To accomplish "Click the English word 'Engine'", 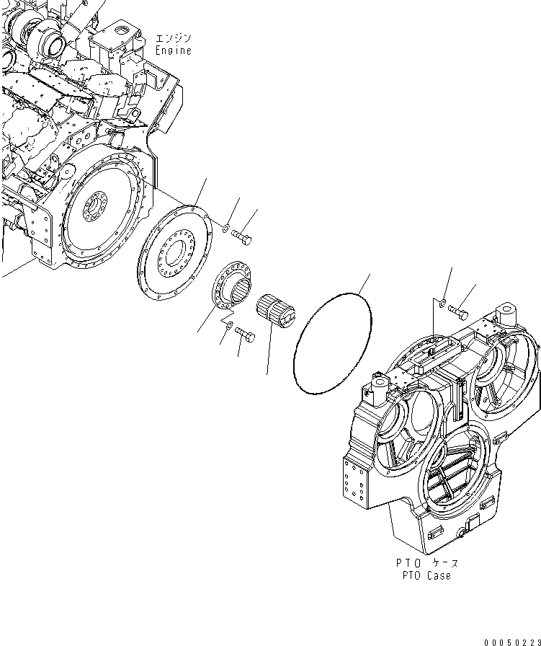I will click(x=173, y=50).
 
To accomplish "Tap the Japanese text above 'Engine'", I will click(x=173, y=38).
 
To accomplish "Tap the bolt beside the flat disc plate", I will click(x=243, y=234).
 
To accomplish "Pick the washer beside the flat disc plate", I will click(x=225, y=229).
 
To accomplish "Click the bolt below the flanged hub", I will click(x=244, y=335).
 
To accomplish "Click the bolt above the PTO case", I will click(x=457, y=311).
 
